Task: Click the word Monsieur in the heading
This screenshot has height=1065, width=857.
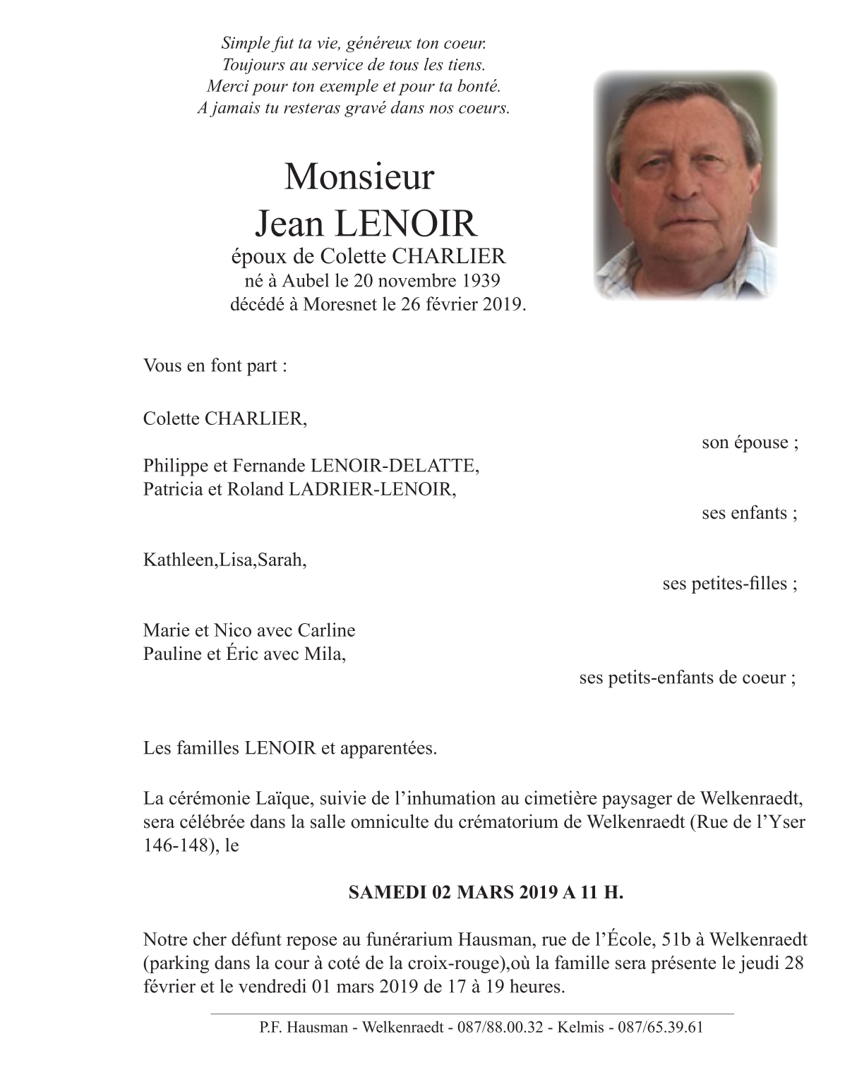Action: click(x=359, y=176)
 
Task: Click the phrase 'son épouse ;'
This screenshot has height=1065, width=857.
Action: click(x=750, y=443)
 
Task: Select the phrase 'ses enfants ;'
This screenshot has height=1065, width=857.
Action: click(x=749, y=513)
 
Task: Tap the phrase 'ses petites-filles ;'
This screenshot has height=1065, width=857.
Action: click(x=729, y=584)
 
